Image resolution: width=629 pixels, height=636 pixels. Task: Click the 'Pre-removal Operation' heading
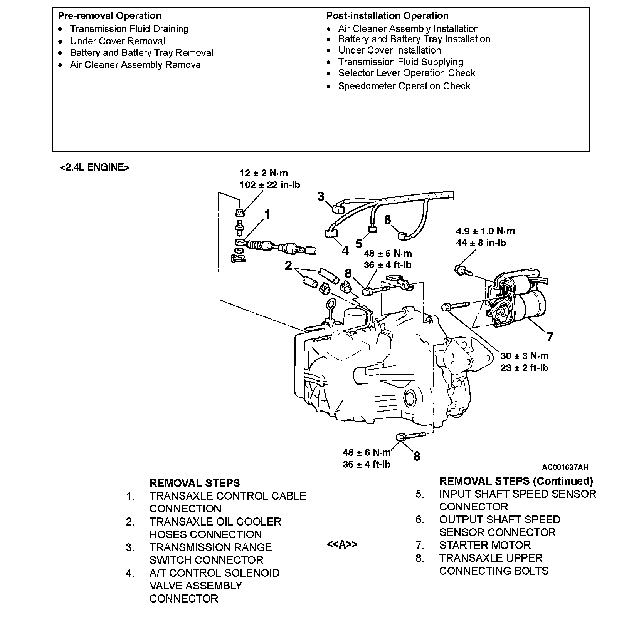coord(109,16)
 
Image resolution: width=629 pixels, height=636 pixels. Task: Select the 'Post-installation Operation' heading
coord(387,16)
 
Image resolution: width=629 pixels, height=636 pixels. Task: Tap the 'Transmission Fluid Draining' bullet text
coord(129,29)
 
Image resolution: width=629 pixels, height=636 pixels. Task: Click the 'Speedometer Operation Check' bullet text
coord(404,86)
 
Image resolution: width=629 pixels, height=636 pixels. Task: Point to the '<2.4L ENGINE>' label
coord(94,167)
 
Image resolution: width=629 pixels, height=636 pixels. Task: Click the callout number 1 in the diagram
coord(267,214)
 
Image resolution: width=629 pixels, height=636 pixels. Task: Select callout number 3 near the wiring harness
coord(321,197)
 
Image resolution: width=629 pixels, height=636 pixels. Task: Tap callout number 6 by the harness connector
coord(387,220)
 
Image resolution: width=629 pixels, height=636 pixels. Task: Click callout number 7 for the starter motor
coord(550,337)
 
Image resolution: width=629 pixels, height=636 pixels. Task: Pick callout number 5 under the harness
coord(359,244)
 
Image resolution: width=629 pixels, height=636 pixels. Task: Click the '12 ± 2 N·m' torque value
coord(264,173)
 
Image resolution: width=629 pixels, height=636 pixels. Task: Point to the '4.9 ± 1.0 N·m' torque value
coord(485,231)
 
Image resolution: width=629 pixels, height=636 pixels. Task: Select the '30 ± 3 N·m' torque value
coord(524,356)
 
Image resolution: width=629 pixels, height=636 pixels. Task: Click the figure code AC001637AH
coord(565,467)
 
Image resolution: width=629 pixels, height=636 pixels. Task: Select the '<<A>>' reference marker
coord(342,544)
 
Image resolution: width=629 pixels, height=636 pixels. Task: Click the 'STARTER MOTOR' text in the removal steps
coord(484,545)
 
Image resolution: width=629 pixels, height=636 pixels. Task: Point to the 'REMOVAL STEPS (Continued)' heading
coord(516,481)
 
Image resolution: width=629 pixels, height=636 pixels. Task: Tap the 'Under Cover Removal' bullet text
coord(117,41)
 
